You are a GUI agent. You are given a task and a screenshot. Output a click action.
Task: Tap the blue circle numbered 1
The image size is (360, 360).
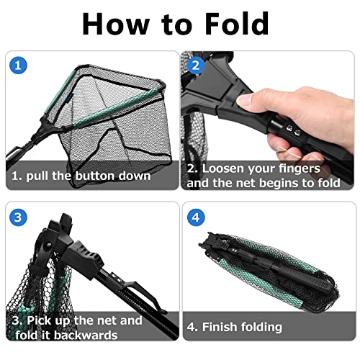(18, 66)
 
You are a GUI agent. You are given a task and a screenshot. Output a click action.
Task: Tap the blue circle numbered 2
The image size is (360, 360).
(196, 66)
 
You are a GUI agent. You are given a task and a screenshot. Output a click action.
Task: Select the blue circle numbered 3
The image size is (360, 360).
(18, 217)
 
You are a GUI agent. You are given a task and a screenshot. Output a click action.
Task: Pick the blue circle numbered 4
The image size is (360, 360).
(196, 217)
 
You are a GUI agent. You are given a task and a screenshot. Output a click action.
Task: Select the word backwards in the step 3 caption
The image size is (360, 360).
(86, 335)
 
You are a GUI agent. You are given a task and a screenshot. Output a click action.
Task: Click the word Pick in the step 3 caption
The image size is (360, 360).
(39, 320)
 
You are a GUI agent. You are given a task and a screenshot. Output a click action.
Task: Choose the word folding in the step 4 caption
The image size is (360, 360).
(261, 328)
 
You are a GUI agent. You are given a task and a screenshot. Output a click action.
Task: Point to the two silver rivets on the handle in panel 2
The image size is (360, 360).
(293, 130)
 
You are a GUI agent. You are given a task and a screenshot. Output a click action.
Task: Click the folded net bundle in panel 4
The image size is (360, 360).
(269, 271)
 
